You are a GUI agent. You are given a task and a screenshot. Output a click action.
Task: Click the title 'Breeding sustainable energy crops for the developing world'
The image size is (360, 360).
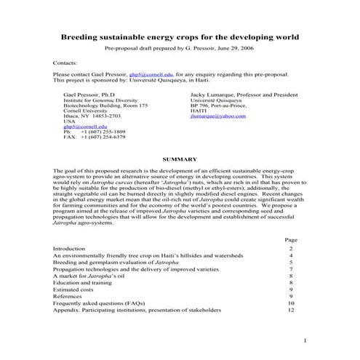coord(179,36)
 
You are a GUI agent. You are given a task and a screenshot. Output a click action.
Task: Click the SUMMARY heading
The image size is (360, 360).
coord(180,159)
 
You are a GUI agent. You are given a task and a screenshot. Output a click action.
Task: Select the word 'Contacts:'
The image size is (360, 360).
coord(66,63)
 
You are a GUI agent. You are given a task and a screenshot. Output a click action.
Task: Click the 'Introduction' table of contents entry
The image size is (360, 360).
coord(69,249)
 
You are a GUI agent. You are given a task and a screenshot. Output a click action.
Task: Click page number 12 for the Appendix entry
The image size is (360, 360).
coord(291,310)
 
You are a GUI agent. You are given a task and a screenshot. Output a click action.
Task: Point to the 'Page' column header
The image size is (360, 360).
coord(291,239)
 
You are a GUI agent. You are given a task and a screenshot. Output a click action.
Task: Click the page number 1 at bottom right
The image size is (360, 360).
coord(306,341)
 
